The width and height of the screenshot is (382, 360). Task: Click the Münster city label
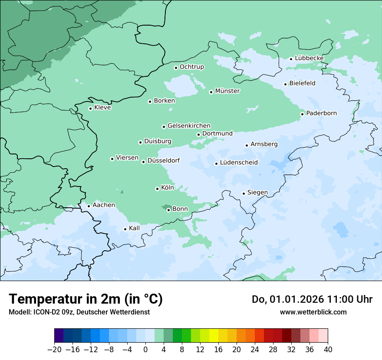pyautogui.click(x=227, y=91)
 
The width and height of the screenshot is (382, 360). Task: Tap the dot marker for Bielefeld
pyautogui.click(x=286, y=84)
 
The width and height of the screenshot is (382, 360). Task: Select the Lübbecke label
pyautogui.click(x=309, y=58)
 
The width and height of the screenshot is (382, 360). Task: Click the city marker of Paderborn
pyautogui.click(x=303, y=114)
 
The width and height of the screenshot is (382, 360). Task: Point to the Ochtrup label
pyautogui.click(x=192, y=67)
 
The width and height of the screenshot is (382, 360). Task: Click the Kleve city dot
pyautogui.click(x=90, y=108)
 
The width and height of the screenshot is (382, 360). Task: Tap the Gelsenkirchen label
pyautogui.click(x=189, y=126)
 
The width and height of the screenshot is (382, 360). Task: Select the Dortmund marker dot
pyautogui.click(x=198, y=134)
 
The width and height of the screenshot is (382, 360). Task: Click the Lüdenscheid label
pyautogui.click(x=239, y=163)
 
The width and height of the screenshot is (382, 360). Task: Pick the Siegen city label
pyautogui.click(x=257, y=193)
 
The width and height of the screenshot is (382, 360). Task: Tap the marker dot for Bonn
pyautogui.click(x=168, y=210)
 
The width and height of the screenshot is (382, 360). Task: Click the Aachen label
pyautogui.click(x=104, y=205)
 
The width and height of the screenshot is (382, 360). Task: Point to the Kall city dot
pyautogui.click(x=125, y=229)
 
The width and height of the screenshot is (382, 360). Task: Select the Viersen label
pyautogui.click(x=127, y=158)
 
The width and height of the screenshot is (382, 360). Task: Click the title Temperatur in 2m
pyautogui.click(x=86, y=299)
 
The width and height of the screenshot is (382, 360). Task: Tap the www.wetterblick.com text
pyautogui.click(x=313, y=312)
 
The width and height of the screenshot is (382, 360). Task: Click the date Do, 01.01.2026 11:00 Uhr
pyautogui.click(x=312, y=299)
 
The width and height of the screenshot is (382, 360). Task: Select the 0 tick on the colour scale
pyautogui.click(x=145, y=350)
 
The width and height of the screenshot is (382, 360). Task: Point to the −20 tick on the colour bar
pyautogui.click(x=54, y=350)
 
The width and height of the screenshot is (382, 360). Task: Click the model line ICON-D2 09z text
pyautogui.click(x=79, y=312)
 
